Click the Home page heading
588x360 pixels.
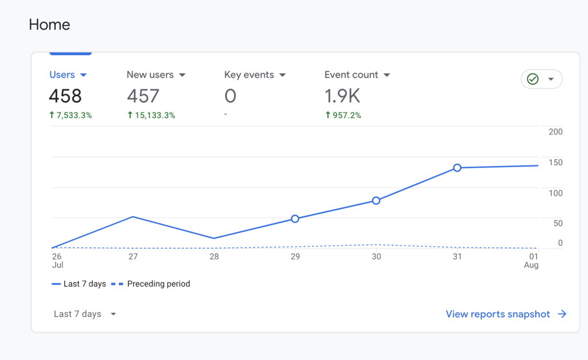49,25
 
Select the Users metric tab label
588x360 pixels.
62,75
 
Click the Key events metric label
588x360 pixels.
249,75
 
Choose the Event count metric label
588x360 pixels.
351,75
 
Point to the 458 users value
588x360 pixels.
65,95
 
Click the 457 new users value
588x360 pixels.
143,95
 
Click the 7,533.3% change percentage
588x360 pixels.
74,115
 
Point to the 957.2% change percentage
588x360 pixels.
346,115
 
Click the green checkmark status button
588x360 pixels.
541,79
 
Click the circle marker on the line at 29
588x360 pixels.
295,219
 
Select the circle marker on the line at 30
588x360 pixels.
376,200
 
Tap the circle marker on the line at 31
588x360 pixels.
457,168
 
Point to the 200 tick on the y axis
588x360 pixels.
555,131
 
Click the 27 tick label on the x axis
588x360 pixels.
133,257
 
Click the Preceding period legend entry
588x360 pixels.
158,284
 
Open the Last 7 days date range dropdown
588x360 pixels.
85,314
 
